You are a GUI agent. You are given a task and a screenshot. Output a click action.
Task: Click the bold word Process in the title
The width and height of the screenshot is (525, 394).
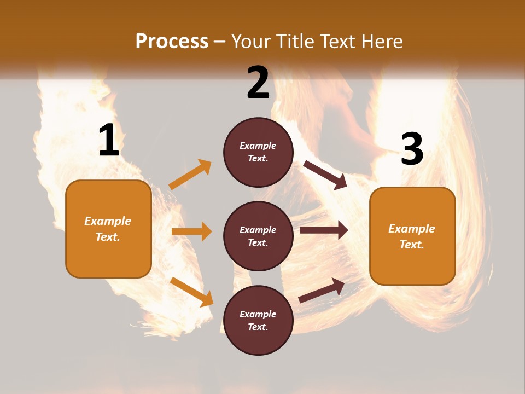click(x=172, y=41)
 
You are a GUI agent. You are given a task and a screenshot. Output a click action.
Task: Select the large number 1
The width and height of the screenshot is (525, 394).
click(x=109, y=141)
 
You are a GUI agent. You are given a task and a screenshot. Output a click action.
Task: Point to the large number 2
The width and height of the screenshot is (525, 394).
click(x=258, y=83)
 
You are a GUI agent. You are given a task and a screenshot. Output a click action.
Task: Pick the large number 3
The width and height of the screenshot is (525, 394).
click(x=412, y=149)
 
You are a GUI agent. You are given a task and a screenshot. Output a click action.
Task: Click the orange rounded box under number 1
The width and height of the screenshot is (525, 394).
click(x=108, y=229)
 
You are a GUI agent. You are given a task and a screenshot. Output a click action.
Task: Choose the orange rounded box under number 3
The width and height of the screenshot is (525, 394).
click(x=412, y=236)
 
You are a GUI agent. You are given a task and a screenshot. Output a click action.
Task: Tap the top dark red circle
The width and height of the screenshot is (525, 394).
click(x=258, y=152)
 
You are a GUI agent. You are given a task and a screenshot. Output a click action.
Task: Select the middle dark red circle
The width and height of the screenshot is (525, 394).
click(x=258, y=236)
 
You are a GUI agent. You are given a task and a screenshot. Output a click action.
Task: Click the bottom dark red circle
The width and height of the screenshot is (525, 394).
click(x=258, y=320)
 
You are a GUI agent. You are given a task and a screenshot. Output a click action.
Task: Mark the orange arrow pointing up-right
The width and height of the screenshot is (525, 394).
click(x=190, y=175)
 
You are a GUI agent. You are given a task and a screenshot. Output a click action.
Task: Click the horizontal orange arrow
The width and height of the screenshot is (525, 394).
click(x=191, y=231)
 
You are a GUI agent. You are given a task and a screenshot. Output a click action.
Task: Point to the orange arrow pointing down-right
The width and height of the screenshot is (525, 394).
click(x=191, y=291)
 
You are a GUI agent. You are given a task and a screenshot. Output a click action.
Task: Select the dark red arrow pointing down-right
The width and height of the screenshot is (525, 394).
click(x=325, y=175)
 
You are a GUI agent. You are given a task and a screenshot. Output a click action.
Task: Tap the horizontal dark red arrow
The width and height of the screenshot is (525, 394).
click(x=324, y=230)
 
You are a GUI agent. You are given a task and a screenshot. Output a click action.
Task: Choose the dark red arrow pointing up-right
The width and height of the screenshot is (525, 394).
click(x=322, y=291)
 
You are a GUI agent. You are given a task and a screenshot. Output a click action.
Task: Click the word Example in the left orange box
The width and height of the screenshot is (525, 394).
click(x=108, y=221)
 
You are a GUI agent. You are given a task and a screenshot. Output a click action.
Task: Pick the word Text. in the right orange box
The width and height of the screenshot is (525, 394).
click(x=412, y=245)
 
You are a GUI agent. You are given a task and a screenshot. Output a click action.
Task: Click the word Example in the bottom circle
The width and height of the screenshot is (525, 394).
click(x=258, y=314)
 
